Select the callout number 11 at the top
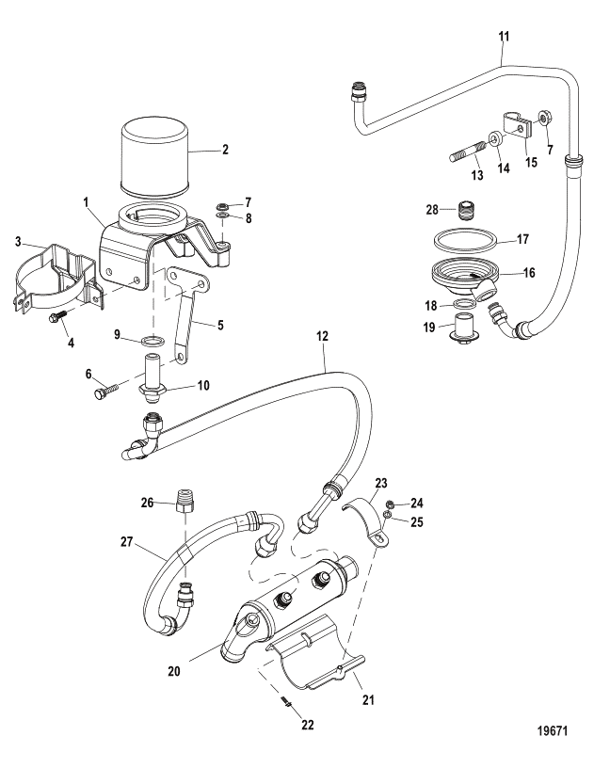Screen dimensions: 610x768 [x=504, y=37]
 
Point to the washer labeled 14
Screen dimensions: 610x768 [x=495, y=139]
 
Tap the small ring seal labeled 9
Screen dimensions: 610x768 [x=151, y=341]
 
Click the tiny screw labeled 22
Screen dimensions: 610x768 [x=287, y=702]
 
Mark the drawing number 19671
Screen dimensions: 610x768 [x=553, y=730]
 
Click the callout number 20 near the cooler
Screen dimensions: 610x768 [x=174, y=670]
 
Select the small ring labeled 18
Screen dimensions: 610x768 [x=462, y=305]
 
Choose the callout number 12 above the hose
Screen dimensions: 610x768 [x=322, y=337]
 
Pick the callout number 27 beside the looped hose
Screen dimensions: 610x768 [x=127, y=542]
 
